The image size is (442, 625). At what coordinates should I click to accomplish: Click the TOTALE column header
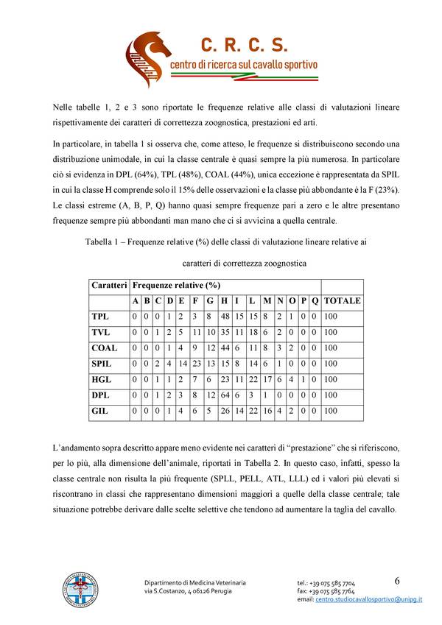343,300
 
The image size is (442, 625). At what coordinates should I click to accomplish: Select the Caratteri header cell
109,284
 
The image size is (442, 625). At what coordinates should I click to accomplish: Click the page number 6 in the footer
397,581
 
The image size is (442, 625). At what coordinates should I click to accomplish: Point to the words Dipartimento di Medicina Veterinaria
194,583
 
